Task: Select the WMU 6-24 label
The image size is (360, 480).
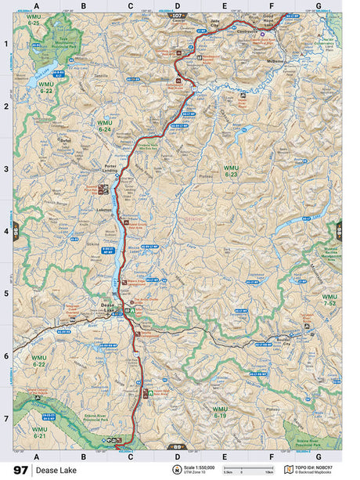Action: pos(105,126)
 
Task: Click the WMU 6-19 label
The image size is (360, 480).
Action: pos(220,412)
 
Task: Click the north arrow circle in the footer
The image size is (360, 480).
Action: pos(177,470)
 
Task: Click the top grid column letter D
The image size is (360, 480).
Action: pos(177,7)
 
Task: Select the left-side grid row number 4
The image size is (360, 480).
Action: pos(6,231)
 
